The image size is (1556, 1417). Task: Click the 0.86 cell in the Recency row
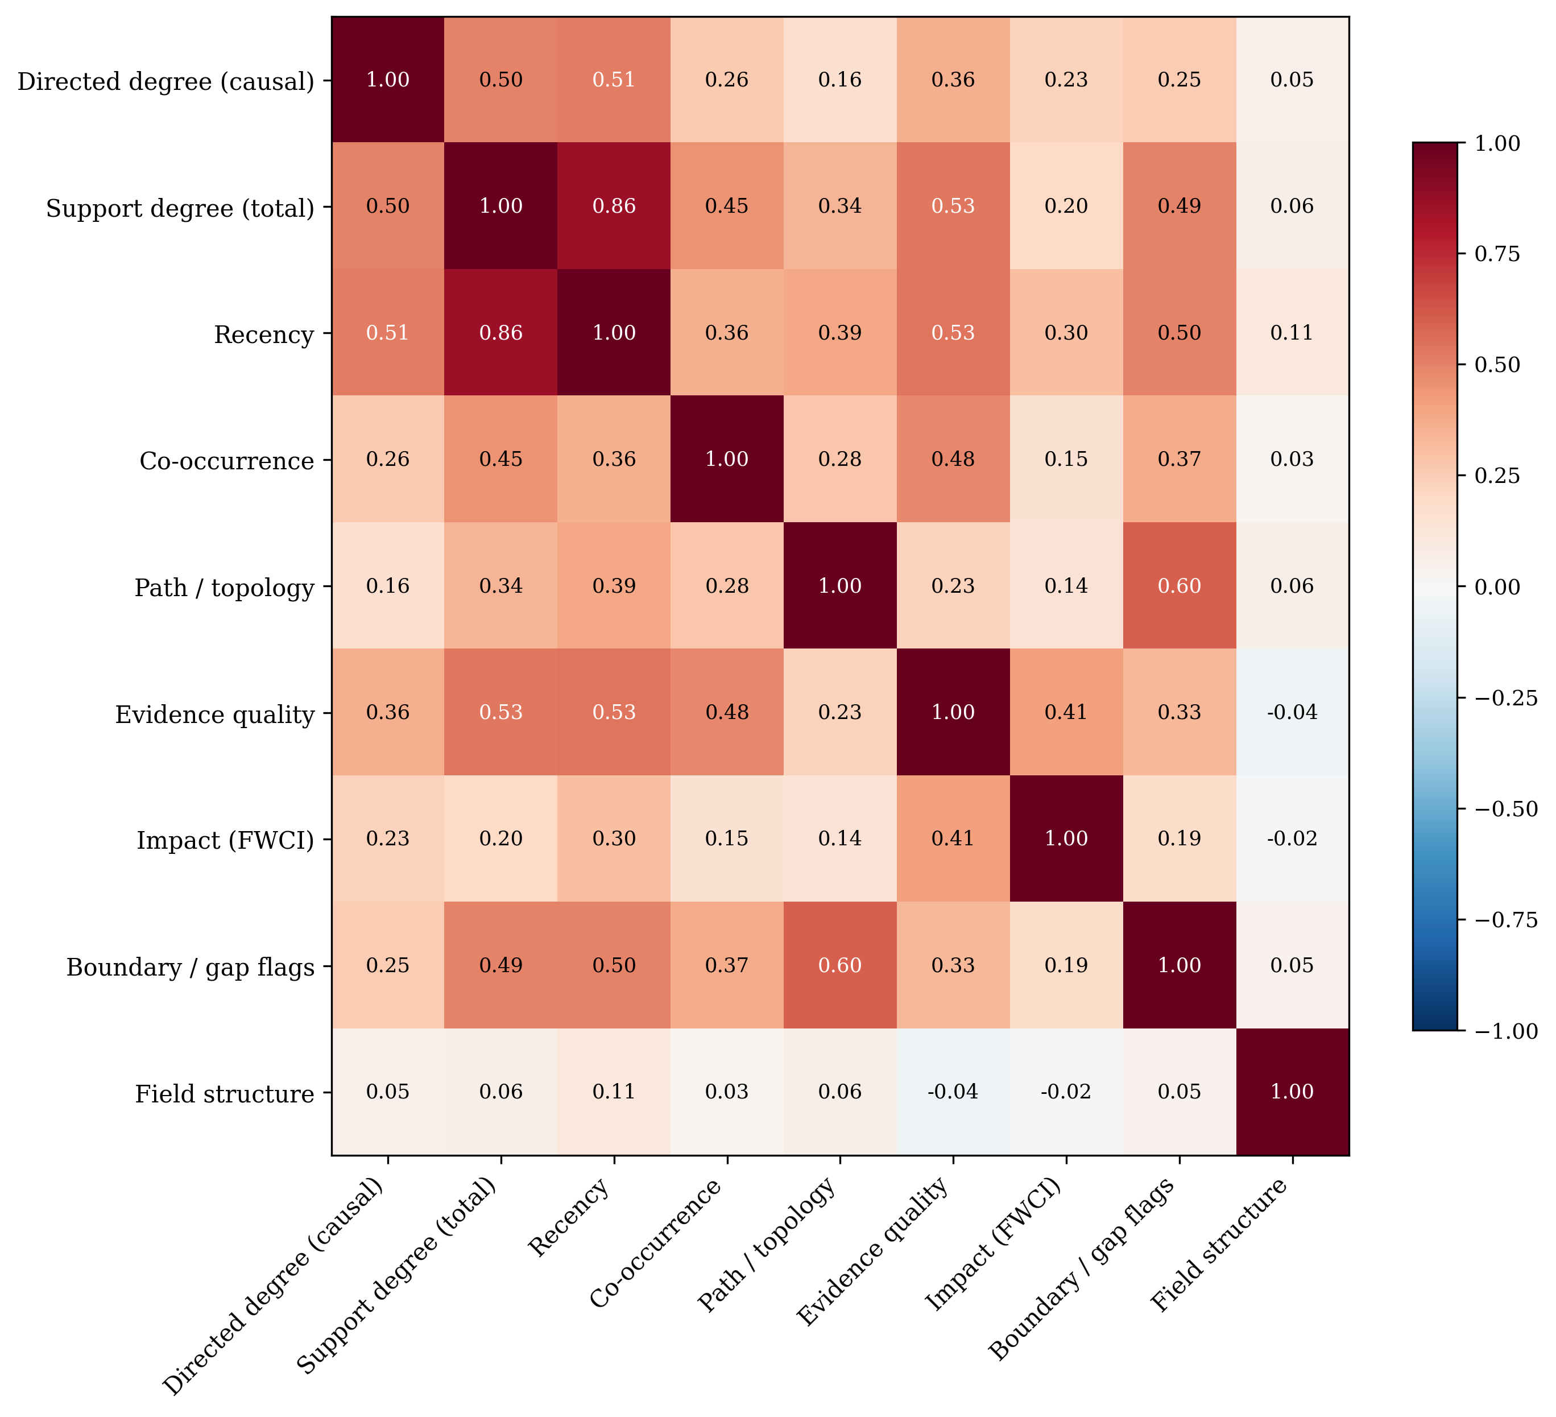click(501, 333)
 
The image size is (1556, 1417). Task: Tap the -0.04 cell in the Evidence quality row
click(1292, 712)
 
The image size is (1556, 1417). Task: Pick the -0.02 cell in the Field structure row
click(1066, 1092)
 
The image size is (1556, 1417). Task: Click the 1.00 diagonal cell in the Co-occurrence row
click(727, 460)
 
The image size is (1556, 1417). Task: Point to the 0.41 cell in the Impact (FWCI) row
click(953, 838)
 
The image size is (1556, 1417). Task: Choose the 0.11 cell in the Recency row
click(1292, 333)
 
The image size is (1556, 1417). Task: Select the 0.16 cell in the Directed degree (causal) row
click(840, 80)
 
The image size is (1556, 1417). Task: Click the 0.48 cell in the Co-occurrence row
click(953, 460)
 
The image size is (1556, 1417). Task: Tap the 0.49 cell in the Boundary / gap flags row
click(501, 965)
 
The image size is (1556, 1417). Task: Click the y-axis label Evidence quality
click(214, 715)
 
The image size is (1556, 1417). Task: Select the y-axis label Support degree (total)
click(180, 209)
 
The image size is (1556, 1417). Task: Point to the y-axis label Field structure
click(225, 1094)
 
